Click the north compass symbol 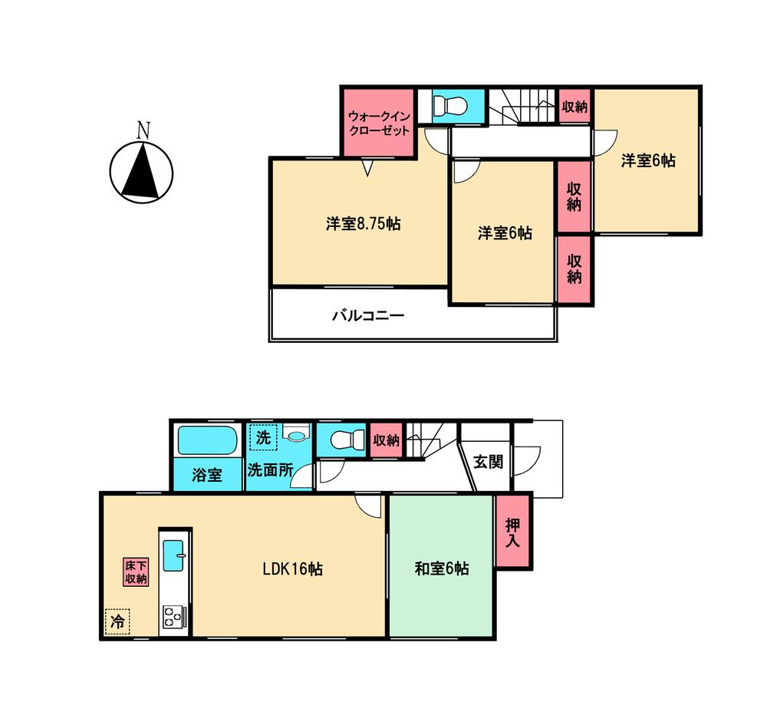141,170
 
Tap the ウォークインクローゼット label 379,124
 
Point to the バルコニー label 368,316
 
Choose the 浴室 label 207,475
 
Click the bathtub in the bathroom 206,443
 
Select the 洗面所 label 270,470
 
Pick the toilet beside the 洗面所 342,441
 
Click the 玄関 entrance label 486,463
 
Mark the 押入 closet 513,532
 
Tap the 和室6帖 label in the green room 442,569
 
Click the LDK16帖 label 292,569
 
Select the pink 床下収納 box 136,572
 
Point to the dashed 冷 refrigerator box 117,621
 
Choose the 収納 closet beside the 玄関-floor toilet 386,440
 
